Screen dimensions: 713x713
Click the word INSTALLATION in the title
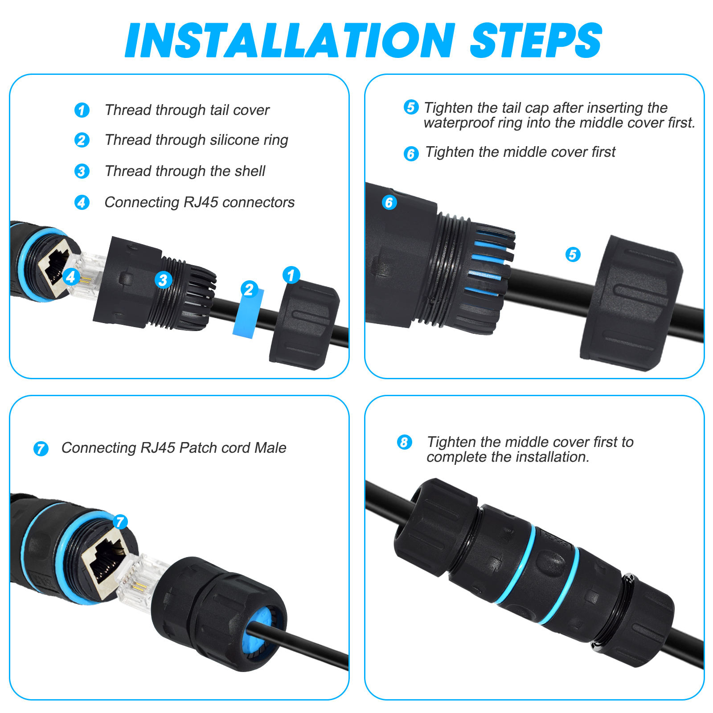coord(290,40)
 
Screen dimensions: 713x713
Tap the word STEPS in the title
coord(536,40)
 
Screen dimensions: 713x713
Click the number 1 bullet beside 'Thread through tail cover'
coord(82,110)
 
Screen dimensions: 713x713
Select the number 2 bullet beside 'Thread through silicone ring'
coord(82,140)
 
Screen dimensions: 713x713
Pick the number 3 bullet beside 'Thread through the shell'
coord(82,171)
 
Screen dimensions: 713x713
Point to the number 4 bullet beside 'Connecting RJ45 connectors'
coord(82,202)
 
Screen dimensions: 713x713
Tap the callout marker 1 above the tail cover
coord(291,275)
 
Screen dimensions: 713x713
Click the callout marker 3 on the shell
coord(164,280)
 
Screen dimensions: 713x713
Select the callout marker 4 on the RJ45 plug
coord(71,277)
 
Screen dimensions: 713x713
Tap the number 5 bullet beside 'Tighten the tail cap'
coord(411,107)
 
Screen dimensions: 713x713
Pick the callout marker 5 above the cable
coord(573,255)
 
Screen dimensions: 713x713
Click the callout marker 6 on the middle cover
coord(389,202)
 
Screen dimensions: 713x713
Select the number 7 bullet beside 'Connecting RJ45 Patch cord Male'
coord(41,449)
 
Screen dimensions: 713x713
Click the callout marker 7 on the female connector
coord(120,522)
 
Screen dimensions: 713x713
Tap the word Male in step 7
coord(270,448)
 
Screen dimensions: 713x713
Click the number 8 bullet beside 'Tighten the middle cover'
coord(405,443)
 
